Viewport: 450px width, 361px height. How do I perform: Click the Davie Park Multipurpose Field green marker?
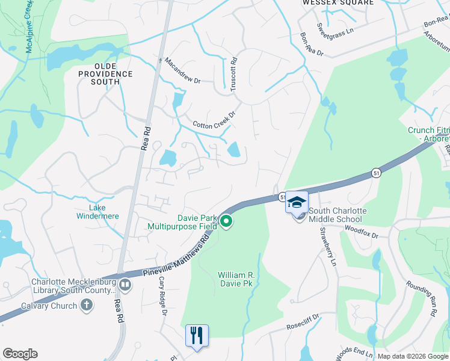pos(226,222)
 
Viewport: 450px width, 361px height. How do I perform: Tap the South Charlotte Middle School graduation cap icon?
pos(297,202)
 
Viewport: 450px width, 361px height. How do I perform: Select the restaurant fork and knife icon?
pos(197,335)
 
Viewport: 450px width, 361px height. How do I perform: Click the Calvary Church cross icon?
pos(87,305)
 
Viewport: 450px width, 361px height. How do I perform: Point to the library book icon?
pos(125,284)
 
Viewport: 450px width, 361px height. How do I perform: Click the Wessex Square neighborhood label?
pos(337,3)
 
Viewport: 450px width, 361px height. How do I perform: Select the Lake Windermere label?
pos(97,212)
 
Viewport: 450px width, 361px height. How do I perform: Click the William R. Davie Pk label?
pos(235,279)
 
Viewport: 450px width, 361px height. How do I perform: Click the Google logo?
pos(20,354)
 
